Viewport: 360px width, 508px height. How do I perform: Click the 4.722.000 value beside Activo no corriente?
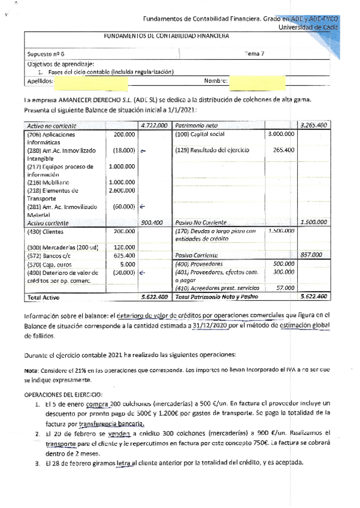(x=154, y=126)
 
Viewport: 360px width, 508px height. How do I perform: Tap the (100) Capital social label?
(x=199, y=135)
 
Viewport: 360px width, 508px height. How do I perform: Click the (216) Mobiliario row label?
(x=48, y=182)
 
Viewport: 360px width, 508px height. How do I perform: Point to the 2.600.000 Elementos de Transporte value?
(x=123, y=190)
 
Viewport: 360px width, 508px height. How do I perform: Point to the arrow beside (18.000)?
(x=143, y=151)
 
